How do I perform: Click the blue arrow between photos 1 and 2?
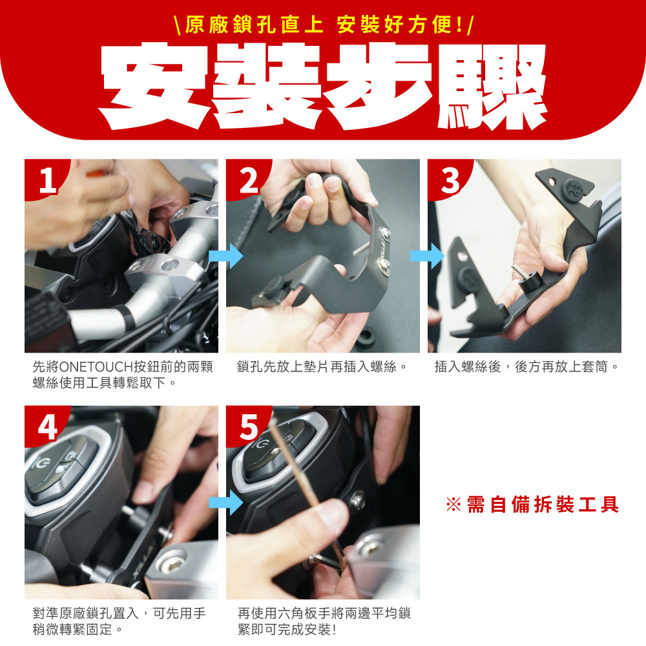tap(225, 256)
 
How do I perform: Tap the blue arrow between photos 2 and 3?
tap(427, 256)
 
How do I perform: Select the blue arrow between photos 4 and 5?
tap(225, 503)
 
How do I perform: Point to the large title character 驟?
tap(492, 87)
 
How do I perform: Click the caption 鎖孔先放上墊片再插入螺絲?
tap(316, 366)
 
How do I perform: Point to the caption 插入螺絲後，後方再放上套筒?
tap(521, 366)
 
